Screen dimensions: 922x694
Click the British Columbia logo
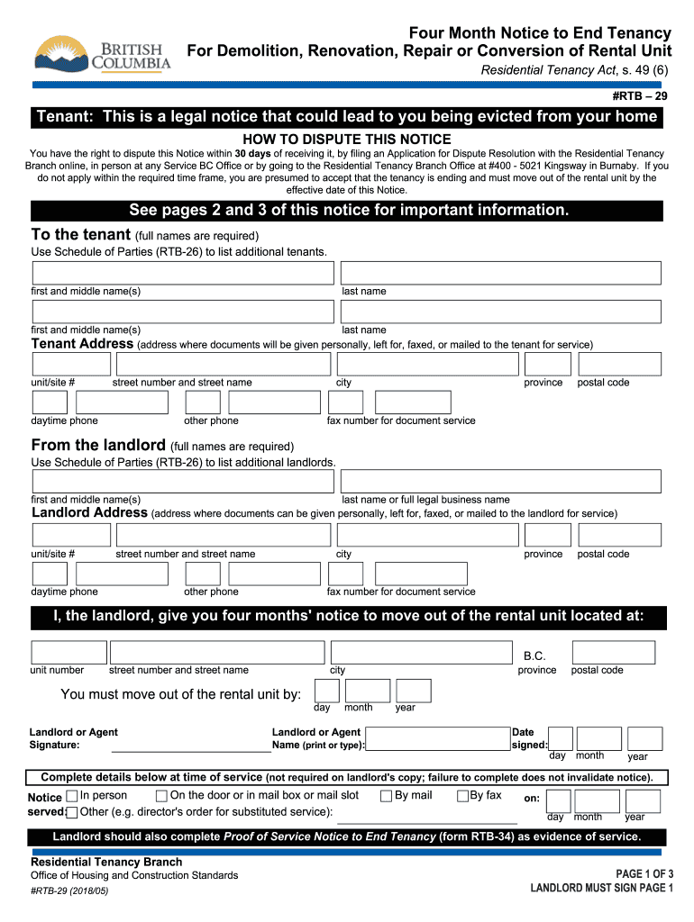tap(102, 54)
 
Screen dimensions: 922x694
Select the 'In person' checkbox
tap(72, 796)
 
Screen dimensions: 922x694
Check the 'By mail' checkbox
tap(386, 796)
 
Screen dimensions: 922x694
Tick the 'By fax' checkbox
tap(463, 796)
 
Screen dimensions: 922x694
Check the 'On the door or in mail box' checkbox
tap(161, 796)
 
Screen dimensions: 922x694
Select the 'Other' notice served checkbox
tap(72, 812)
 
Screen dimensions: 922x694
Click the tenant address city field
tap(427, 364)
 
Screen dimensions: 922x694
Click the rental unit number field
tap(68, 652)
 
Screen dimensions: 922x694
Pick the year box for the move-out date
tap(414, 691)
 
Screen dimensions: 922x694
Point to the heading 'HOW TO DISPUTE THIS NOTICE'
tap(347, 140)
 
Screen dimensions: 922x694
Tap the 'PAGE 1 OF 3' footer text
tap(644, 874)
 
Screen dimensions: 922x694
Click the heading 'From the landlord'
tap(98, 446)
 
